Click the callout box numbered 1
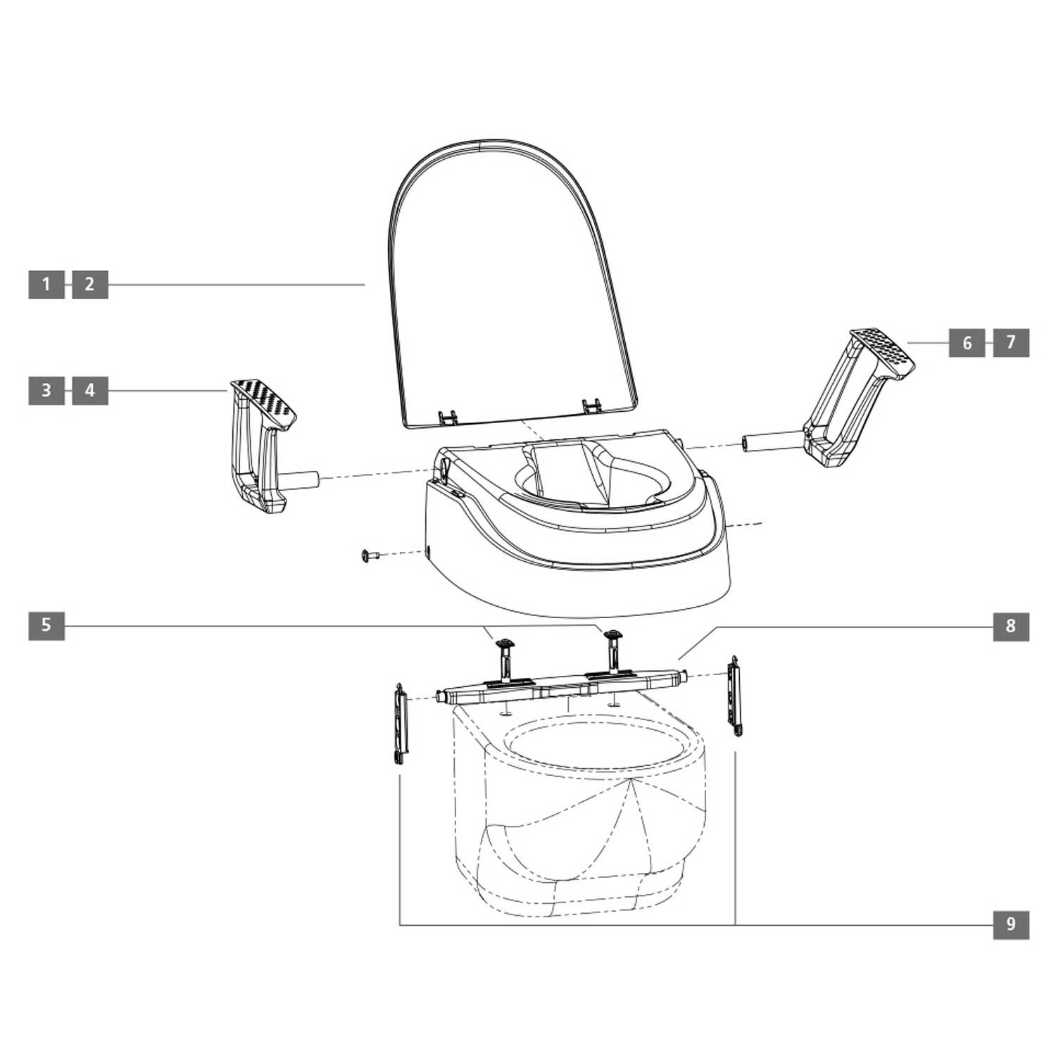(x=46, y=284)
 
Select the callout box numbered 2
(x=90, y=284)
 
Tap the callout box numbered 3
(x=46, y=390)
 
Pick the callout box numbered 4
(x=90, y=390)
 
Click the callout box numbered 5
(x=46, y=625)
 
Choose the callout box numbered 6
(x=967, y=343)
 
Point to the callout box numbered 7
(x=1011, y=343)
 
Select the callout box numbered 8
(x=1011, y=625)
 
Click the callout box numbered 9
(x=1011, y=924)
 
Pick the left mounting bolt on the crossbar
(x=505, y=658)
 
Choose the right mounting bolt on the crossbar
(x=613, y=651)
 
